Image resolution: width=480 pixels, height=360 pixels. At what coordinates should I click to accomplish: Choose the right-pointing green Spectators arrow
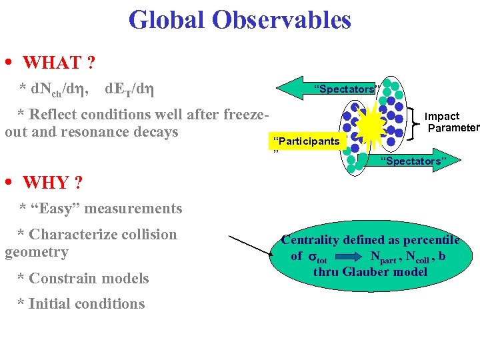click(407, 161)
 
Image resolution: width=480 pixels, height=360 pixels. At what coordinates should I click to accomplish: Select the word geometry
click(37, 252)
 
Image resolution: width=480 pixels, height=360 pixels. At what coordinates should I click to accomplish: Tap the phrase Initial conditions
click(81, 304)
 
